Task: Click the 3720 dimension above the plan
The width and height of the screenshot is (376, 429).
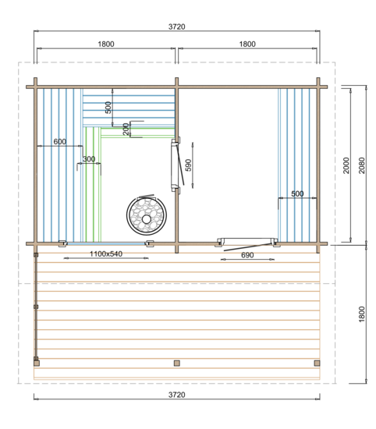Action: point(177,27)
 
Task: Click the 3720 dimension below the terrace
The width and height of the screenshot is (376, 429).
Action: point(177,395)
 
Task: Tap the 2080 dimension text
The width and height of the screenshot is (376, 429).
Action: point(361,165)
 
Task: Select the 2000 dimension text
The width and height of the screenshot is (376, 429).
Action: point(346,165)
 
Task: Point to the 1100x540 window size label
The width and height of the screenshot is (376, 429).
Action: point(106,254)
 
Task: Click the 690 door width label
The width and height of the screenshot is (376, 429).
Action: point(247,255)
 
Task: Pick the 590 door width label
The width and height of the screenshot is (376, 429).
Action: point(189,165)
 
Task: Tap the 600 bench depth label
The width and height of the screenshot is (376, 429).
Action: point(59,142)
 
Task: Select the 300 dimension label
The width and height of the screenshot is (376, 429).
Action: point(89,159)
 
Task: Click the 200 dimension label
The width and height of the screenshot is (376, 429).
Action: point(126,129)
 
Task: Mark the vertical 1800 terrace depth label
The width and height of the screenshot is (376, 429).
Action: point(361,314)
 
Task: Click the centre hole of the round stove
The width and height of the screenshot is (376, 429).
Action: point(147,219)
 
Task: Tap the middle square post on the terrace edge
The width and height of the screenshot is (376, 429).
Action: point(177,363)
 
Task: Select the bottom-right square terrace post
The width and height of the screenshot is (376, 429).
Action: point(317,363)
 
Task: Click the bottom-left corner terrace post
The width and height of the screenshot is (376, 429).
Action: point(37,363)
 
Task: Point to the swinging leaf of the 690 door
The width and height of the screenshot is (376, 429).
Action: point(248,246)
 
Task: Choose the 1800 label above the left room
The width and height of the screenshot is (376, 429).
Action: point(106,44)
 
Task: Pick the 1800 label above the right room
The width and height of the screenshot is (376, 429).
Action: point(247,44)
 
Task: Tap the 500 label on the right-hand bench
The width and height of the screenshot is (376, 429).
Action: point(297,194)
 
